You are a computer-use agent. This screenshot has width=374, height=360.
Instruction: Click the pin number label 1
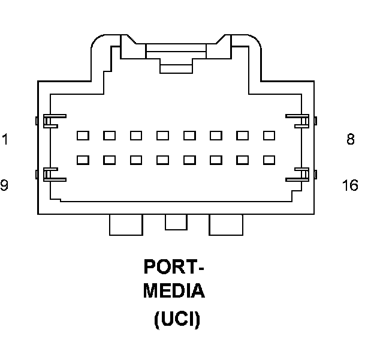pos(5,140)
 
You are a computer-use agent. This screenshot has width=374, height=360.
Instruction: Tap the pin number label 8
pos(351,140)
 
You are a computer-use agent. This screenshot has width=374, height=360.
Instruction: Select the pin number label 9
pos(5,185)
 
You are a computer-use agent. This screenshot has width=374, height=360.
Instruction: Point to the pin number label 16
pos(350,185)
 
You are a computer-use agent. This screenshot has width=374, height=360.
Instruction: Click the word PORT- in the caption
pos(174,267)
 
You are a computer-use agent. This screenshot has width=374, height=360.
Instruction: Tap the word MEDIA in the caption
pos(174,292)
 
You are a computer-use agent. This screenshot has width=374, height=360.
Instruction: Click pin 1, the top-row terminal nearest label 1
pos(83,136)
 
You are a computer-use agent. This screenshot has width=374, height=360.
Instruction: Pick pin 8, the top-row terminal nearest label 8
pos(269,136)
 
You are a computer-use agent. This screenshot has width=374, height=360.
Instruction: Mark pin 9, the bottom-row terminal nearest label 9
pos(83,160)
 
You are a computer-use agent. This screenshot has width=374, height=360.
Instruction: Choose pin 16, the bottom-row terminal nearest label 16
pos(269,160)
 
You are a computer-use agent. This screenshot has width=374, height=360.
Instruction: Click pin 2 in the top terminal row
pos(109,136)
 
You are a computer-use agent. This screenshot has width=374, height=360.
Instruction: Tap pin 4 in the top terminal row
pos(162,136)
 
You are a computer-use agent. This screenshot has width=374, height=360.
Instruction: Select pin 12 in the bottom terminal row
pos(162,160)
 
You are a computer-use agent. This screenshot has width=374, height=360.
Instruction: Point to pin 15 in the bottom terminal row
pos(242,160)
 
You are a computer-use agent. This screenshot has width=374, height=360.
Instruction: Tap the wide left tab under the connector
pos(126,224)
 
